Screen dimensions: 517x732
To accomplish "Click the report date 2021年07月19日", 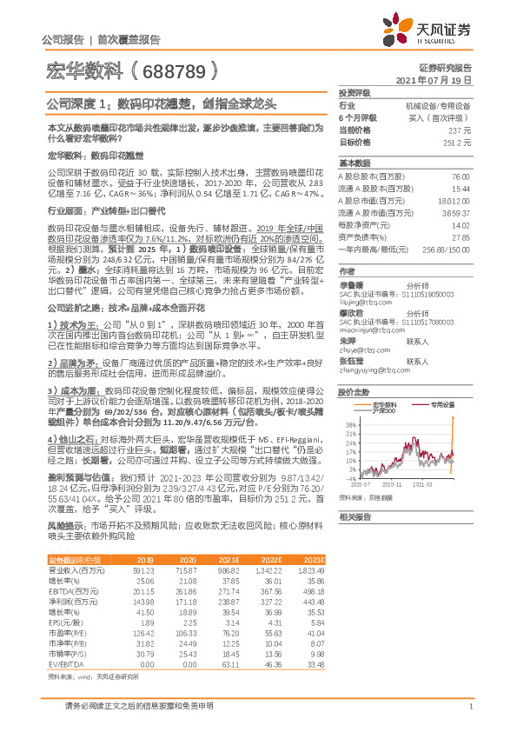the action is [x=433, y=79].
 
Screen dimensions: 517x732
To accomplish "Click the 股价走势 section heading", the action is [x=355, y=368].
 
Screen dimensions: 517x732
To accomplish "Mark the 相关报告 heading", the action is [x=355, y=516].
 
